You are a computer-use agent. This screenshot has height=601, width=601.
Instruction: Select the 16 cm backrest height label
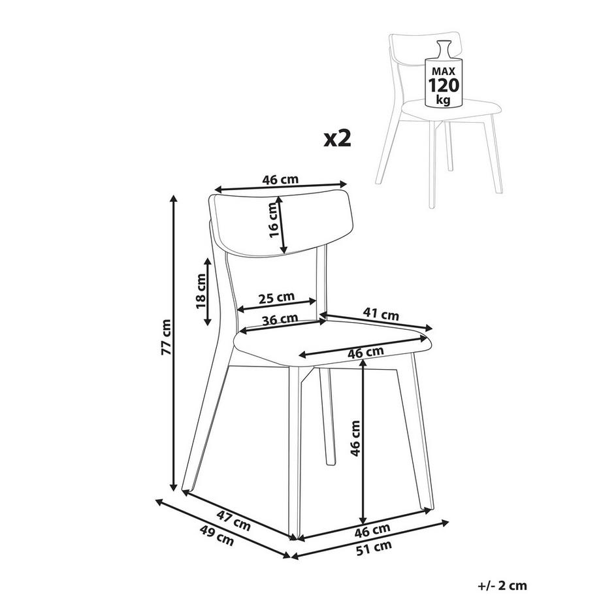[273, 220]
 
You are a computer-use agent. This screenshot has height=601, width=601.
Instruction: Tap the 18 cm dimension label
[201, 291]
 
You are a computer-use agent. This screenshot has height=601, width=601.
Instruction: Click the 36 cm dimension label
[280, 319]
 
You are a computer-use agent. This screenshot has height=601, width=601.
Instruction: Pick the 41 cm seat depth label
[381, 314]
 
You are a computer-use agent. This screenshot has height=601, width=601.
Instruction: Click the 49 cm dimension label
[217, 534]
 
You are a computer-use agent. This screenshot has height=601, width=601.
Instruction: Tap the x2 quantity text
[337, 138]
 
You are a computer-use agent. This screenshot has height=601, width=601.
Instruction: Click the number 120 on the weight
[444, 85]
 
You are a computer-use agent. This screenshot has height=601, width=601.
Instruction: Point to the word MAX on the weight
[444, 71]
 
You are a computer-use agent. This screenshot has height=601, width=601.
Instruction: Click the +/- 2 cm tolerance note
[502, 585]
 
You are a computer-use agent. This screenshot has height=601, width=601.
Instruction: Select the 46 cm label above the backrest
[280, 180]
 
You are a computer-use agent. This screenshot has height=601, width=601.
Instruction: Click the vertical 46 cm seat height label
[355, 438]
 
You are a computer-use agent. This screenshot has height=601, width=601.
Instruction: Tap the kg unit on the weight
[444, 101]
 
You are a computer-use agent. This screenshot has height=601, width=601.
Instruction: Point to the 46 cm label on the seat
[365, 352]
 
